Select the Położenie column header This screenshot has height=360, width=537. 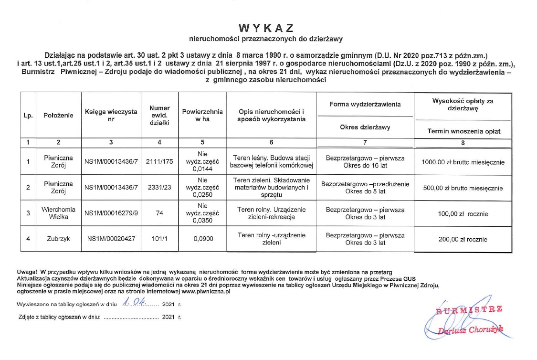pyautogui.click(x=58, y=116)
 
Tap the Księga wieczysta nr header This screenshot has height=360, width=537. pyautogui.click(x=111, y=116)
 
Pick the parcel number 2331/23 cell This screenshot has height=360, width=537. pyautogui.click(x=159, y=188)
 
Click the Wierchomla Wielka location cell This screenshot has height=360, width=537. pyautogui.click(x=58, y=213)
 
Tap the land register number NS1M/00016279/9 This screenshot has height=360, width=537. pyautogui.click(x=111, y=213)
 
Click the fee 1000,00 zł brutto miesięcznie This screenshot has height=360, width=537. pyautogui.click(x=463, y=162)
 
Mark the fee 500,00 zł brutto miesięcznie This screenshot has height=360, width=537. pyautogui.click(x=463, y=188)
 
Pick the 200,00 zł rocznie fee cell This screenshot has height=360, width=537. pyautogui.click(x=463, y=239)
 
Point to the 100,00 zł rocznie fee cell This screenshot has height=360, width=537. pyautogui.click(x=463, y=214)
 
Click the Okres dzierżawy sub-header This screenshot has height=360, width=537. pyautogui.click(x=365, y=127)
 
